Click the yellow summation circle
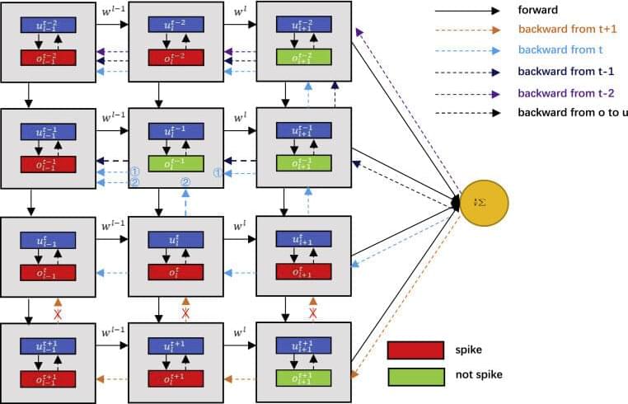pyautogui.click(x=485, y=203)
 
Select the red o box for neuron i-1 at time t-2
pyautogui.click(x=48, y=57)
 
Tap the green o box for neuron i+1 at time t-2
pyautogui.click(x=304, y=57)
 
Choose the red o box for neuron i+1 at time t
pyautogui.click(x=304, y=271)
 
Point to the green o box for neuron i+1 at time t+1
pyautogui.click(x=304, y=378)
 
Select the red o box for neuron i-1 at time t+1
pyautogui.click(x=48, y=378)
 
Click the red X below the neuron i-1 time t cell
pyautogui.click(x=57, y=314)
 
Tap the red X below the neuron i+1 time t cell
pyautogui.click(x=312, y=314)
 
